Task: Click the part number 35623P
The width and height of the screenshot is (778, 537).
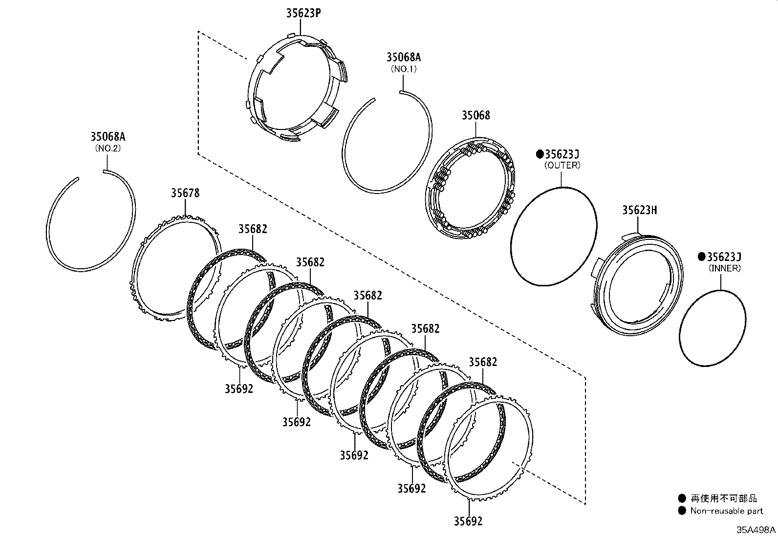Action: click(x=303, y=13)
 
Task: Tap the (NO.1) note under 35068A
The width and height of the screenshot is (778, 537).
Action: click(x=404, y=69)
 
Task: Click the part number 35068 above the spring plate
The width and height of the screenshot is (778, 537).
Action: click(x=475, y=115)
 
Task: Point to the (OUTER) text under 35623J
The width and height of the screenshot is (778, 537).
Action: click(x=562, y=165)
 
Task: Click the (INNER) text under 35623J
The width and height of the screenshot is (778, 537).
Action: click(x=725, y=268)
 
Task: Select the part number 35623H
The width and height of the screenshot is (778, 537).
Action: click(x=639, y=210)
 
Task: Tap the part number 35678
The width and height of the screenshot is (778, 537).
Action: click(x=185, y=193)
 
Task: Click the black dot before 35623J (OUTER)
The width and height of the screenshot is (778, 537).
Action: click(x=540, y=154)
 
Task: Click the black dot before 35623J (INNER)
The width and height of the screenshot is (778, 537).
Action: click(x=702, y=257)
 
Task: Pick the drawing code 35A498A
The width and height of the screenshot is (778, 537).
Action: click(x=756, y=530)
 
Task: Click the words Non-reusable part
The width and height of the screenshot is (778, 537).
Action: click(x=726, y=511)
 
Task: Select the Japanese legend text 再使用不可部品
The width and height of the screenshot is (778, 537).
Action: click(x=723, y=498)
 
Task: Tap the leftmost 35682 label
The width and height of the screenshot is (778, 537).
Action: click(x=253, y=229)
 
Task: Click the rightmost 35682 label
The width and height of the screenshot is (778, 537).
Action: click(x=483, y=362)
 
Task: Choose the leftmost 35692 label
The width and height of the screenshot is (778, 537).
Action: click(x=239, y=388)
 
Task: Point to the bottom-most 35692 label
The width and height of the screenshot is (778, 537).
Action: click(x=468, y=521)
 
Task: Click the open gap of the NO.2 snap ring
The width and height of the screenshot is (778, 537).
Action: click(x=91, y=174)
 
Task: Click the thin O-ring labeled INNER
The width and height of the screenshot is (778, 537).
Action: click(x=713, y=327)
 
